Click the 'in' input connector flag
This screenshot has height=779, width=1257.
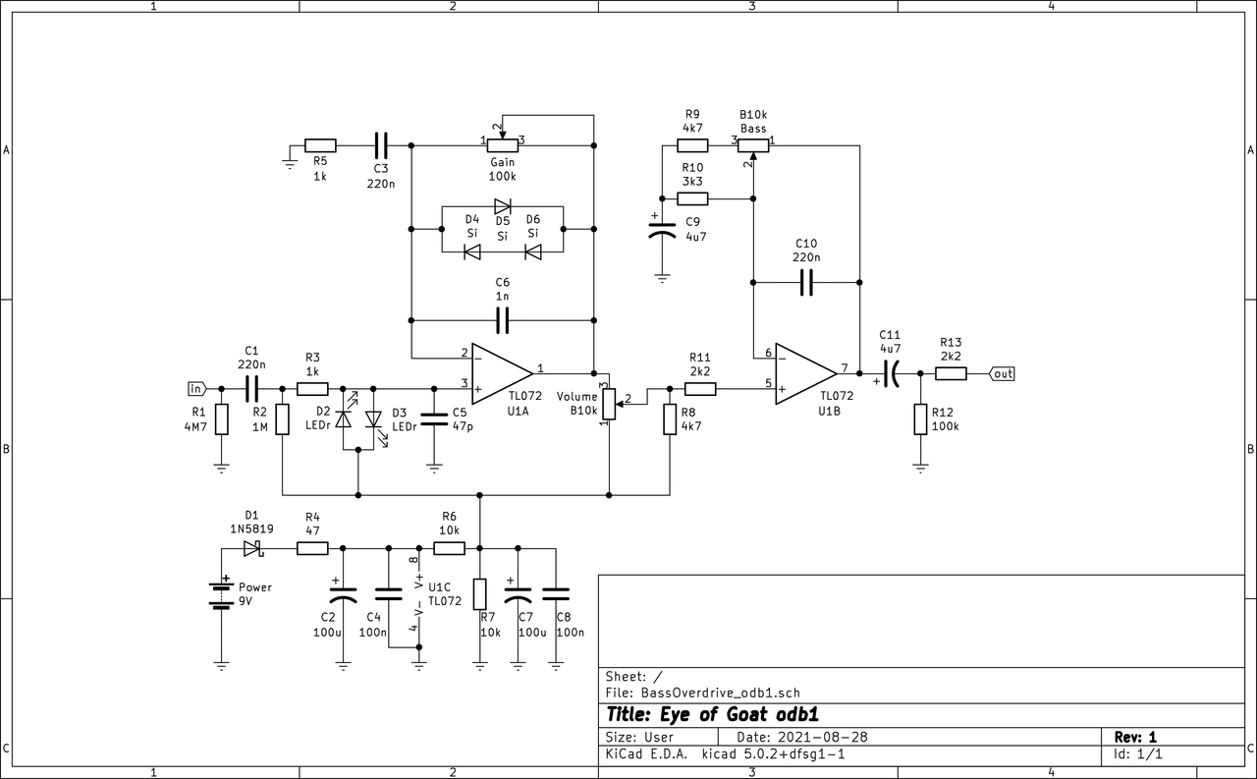[195, 387]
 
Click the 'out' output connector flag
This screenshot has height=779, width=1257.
[1002, 373]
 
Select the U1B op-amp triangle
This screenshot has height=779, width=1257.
[804, 373]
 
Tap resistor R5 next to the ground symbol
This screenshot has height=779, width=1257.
[320, 144]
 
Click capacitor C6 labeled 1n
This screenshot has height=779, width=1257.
[503, 319]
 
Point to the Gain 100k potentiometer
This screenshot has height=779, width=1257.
[503, 144]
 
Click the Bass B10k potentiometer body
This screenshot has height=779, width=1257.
[753, 144]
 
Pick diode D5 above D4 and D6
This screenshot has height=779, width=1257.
[503, 206]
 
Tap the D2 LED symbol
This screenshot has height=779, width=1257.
[343, 419]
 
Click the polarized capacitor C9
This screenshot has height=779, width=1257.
[663, 232]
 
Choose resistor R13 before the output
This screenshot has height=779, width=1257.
[951, 373]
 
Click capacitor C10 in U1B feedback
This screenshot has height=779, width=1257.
[806, 284]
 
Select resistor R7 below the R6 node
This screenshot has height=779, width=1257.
[479, 594]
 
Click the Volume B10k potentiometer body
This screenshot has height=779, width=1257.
[610, 403]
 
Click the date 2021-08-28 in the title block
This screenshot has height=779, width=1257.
[822, 737]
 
